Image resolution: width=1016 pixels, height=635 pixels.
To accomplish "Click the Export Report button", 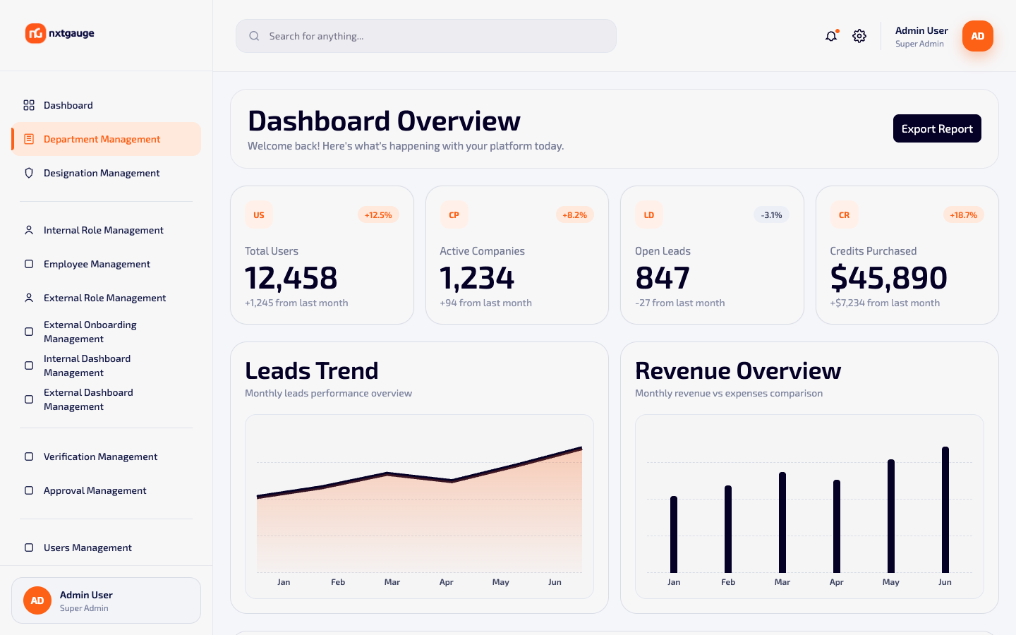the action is pos(937,128).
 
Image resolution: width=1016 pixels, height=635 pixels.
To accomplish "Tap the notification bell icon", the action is pos(831,36).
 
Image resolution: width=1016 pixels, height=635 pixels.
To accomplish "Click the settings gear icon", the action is pos(859,36).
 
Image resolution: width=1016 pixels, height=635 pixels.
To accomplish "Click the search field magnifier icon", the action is pos(254,36).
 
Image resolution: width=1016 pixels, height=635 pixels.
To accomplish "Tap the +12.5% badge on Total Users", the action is pos(378,215).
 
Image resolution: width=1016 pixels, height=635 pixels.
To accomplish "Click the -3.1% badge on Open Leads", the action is pos(771,215).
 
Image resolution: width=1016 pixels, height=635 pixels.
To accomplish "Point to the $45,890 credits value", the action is pos(888,277).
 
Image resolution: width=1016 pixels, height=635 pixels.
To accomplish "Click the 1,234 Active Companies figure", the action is pos(477,277).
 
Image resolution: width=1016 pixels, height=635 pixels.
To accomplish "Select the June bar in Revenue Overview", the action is pos(945,510).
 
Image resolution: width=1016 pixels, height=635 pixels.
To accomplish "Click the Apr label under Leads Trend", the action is pos(447,582).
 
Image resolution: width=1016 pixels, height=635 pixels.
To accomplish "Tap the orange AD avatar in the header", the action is pos(978,36).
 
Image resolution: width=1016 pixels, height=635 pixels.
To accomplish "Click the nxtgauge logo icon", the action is pos(35,33).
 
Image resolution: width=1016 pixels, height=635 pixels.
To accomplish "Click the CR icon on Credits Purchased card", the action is pos(844,215).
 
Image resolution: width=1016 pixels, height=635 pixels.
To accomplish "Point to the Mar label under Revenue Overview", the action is pos(782,582).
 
